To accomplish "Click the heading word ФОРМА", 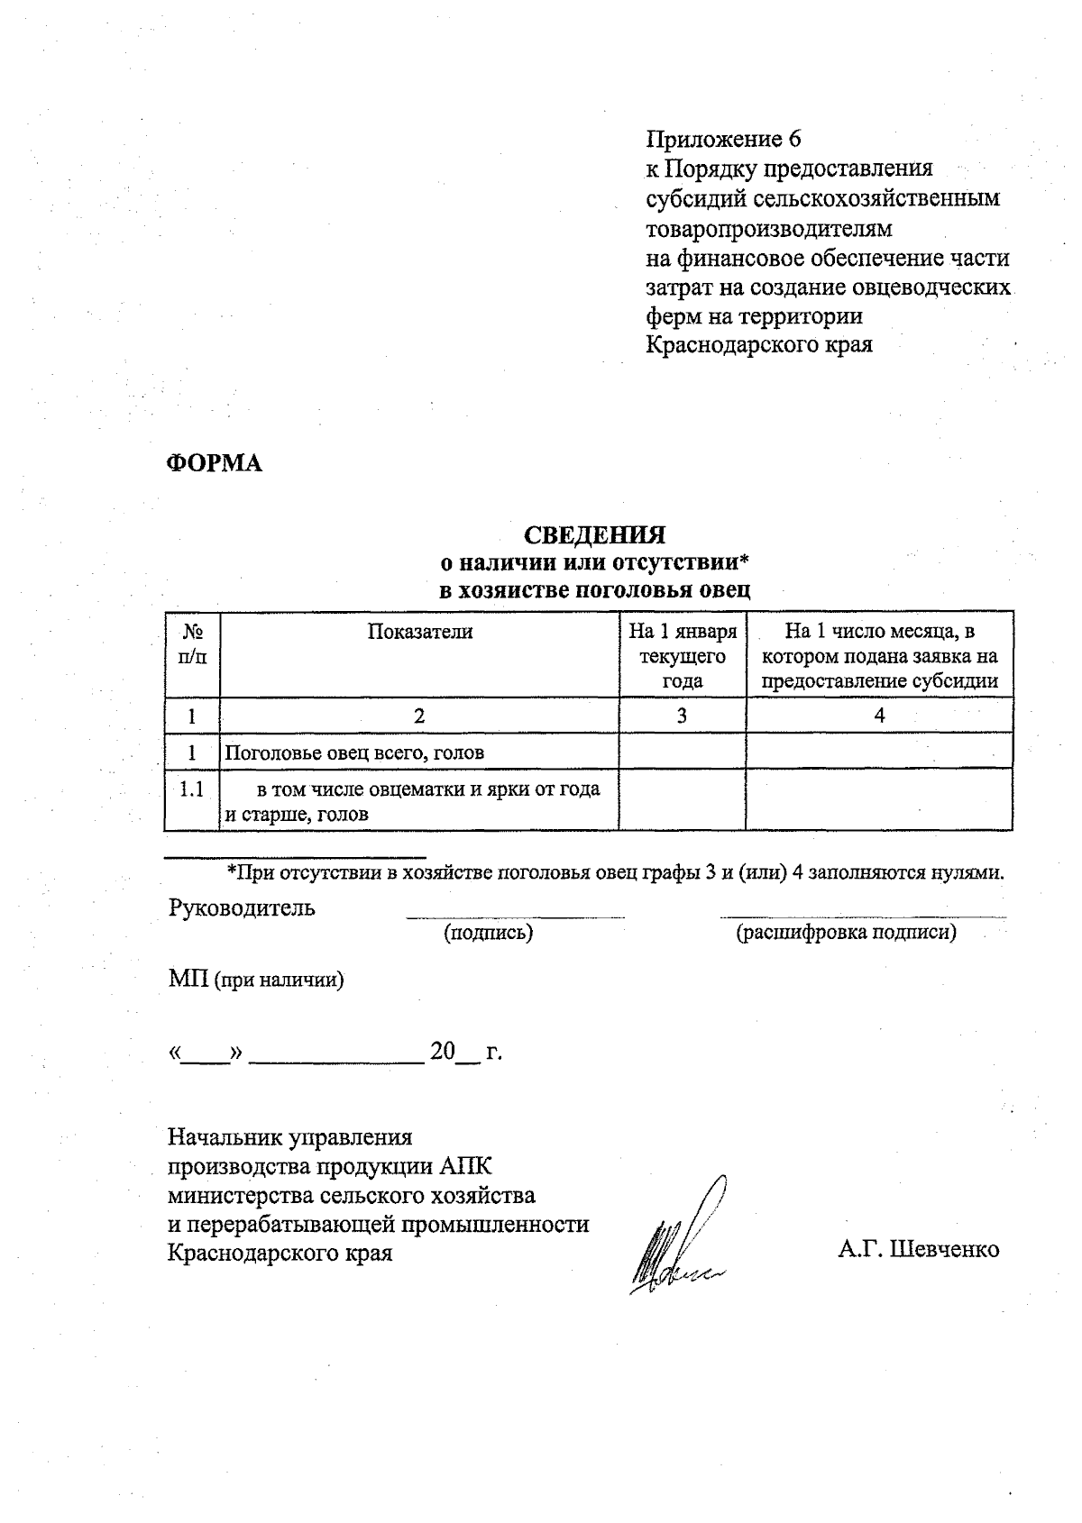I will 215,463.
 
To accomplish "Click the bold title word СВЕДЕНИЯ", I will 595,535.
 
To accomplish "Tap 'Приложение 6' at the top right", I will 723,139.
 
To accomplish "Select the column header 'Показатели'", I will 419,632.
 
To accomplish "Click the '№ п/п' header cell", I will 192,644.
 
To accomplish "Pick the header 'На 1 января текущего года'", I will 683,655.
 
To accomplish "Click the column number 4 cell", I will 879,716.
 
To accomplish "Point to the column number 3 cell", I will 683,716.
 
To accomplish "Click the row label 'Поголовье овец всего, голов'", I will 354,752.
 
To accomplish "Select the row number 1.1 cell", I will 192,790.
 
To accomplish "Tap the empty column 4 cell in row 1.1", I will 879,800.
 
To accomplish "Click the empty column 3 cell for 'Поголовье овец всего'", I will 683,752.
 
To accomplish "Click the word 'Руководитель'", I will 242,907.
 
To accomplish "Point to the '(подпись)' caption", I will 488,933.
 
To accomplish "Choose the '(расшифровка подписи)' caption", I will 846,933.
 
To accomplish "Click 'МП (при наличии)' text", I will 256,980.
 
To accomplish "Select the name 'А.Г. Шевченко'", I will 918,1249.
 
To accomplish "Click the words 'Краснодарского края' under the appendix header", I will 759,345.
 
